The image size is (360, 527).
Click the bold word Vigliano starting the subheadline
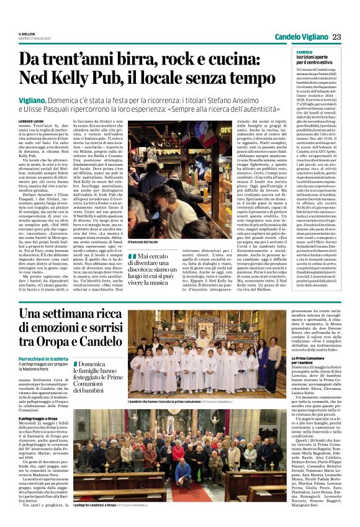[x=34, y=99]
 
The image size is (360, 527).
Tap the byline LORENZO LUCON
[x=32, y=119]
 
